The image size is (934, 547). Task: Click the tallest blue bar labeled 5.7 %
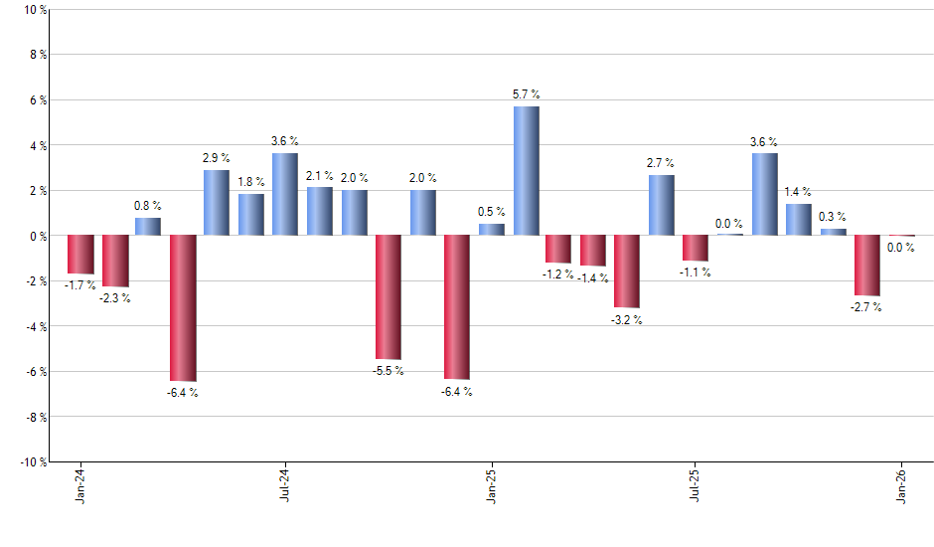(x=526, y=170)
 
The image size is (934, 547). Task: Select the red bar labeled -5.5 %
(x=389, y=296)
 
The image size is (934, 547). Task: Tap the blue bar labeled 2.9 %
(x=217, y=202)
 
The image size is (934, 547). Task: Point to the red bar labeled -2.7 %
(x=866, y=265)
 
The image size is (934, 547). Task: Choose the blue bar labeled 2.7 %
(x=661, y=205)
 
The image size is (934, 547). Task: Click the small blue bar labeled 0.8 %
(x=148, y=227)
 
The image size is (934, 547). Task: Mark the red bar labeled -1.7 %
(x=80, y=254)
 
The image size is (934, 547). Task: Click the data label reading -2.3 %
(x=114, y=297)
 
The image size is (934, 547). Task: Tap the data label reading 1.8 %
(x=251, y=181)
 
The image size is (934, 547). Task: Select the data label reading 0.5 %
(x=491, y=212)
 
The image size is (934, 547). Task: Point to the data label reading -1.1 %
(x=696, y=273)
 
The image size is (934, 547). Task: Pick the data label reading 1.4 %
(x=798, y=192)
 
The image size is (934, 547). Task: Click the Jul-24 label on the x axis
(x=285, y=484)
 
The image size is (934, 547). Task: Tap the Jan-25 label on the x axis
(x=491, y=484)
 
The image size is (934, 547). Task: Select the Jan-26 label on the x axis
(x=901, y=484)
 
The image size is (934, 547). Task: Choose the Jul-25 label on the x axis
(x=696, y=484)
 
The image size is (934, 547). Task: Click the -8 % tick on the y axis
(x=34, y=417)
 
